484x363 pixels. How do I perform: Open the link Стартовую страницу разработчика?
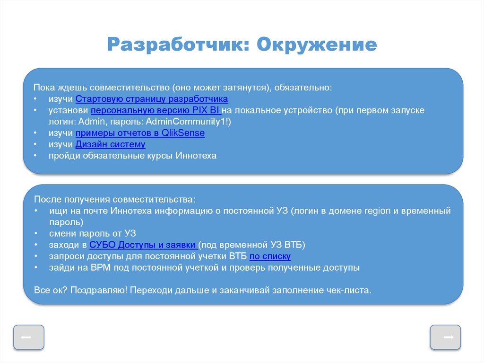[x=152, y=99]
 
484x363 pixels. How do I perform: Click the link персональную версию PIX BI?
[x=156, y=110]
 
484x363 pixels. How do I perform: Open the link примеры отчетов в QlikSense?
[x=140, y=133]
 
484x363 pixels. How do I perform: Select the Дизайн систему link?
[x=110, y=144]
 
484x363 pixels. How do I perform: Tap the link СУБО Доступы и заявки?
[x=143, y=245]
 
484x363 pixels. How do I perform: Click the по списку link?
[x=270, y=256]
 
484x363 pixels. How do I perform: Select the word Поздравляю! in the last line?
[x=98, y=290]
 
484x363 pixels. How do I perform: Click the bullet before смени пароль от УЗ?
[x=36, y=233]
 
